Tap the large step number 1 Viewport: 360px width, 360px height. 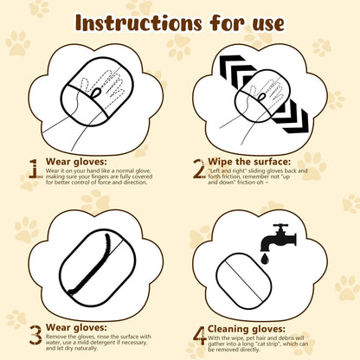34,168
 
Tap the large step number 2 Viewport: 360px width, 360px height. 199,166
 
